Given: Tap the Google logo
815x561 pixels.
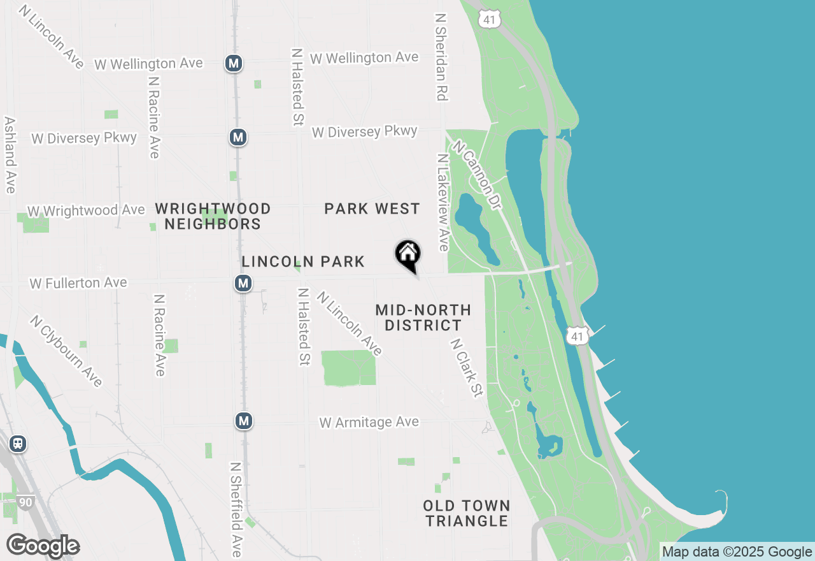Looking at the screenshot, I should coord(43,546).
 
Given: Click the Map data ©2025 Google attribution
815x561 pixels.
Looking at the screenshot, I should coord(737,551).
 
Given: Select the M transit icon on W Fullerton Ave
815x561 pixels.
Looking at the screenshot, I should coord(243,283).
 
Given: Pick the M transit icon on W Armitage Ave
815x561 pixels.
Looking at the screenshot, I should coord(243,421).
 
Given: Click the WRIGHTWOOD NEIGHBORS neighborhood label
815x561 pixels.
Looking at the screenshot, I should coord(213,216).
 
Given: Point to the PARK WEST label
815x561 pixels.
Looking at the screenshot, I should coord(372,208).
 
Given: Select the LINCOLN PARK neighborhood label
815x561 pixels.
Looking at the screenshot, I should coord(303,261).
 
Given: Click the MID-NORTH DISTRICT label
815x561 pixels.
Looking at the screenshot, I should coord(423,317).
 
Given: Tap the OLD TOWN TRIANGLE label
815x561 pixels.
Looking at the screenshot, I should coord(467,513).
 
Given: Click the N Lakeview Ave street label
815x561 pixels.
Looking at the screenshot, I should coord(443,202).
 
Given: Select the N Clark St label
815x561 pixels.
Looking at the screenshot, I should coord(466,368).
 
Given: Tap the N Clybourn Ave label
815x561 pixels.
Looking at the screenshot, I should coord(66,351).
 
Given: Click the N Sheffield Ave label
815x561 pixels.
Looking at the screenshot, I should coord(235,510).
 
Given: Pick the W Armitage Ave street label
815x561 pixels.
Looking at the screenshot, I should coord(369,422).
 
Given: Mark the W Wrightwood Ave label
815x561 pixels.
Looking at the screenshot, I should coord(86,210).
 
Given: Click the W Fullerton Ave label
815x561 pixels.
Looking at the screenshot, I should coord(78,282).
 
